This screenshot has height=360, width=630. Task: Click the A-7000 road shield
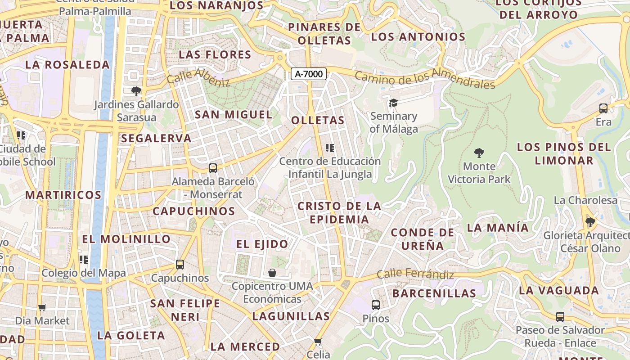[x=309, y=74]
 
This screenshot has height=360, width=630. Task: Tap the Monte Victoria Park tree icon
[x=479, y=153]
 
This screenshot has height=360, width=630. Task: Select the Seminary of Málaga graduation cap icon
[x=394, y=103]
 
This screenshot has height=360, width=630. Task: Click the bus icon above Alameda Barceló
[x=213, y=168]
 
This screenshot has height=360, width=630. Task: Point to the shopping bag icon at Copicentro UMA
[x=272, y=273]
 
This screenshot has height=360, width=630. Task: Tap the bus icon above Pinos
[x=376, y=305]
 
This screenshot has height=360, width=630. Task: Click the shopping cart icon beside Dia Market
[x=42, y=308]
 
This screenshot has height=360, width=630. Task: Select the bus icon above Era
[x=603, y=108]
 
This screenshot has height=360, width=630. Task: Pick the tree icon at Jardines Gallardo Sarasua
[x=136, y=91]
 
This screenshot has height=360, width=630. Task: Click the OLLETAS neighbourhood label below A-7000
[x=318, y=121]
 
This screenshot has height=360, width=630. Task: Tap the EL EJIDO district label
[x=262, y=244]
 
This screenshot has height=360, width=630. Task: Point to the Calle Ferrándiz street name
[x=415, y=274]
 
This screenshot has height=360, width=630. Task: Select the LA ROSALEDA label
[x=67, y=65]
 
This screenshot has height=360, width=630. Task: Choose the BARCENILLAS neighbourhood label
[x=434, y=293]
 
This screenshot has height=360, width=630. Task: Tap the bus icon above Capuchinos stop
[x=180, y=265]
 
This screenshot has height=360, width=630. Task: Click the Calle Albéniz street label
[x=198, y=77]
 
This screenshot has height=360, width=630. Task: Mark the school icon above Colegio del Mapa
[x=84, y=259]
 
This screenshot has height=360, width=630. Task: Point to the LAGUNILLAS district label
[x=291, y=316]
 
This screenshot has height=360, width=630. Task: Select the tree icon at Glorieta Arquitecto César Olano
[x=590, y=222]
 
